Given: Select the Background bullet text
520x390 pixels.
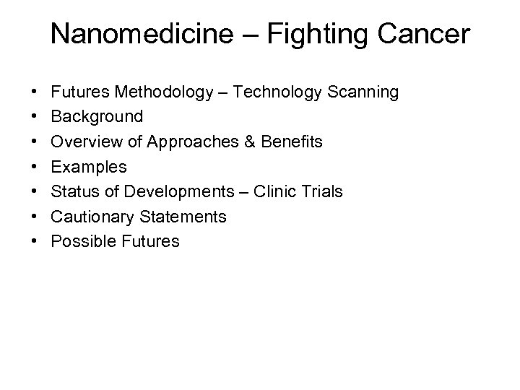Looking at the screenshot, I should click(97, 117).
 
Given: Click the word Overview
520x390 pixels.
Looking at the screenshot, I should click(83, 142).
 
